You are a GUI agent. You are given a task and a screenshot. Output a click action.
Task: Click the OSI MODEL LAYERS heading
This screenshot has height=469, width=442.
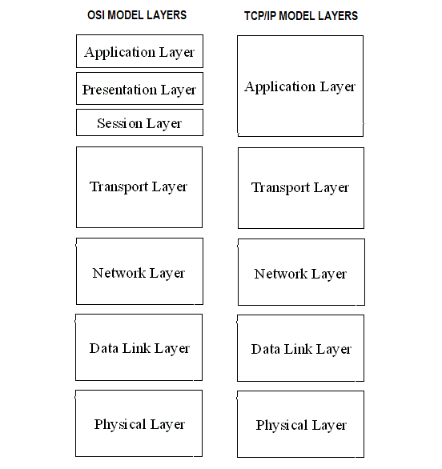137,15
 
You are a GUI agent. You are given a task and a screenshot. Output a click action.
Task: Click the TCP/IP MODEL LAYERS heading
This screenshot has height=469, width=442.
301,16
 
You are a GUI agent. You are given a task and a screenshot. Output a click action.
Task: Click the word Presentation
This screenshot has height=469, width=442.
119,90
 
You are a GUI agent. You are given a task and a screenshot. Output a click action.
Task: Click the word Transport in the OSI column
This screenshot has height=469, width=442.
119,187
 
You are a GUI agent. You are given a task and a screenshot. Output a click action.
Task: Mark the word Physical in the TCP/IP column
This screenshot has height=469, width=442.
282,426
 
